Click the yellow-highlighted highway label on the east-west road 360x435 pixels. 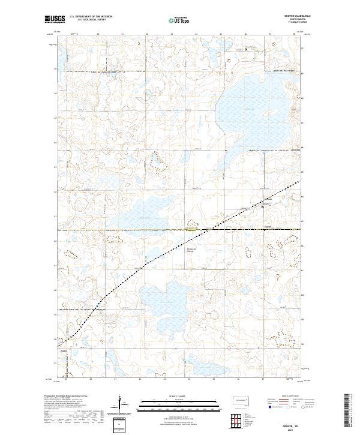pos(191,229)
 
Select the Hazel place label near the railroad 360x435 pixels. pos(64,353)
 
